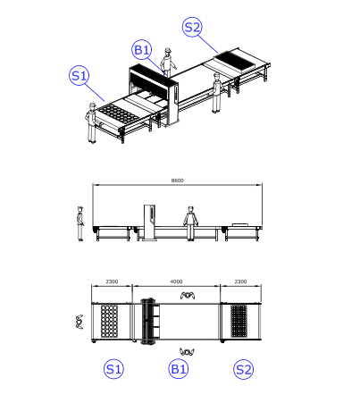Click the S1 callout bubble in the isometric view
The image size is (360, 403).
[79, 76]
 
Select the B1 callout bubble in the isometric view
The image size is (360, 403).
[142, 50]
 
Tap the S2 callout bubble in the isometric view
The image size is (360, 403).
[192, 27]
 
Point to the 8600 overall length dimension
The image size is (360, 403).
[178, 181]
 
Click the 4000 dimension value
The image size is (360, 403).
[176, 281]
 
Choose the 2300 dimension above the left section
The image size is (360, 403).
[112, 281]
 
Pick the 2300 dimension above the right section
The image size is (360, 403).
[240, 281]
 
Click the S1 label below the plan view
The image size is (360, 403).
[113, 369]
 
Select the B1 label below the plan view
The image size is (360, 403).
[179, 369]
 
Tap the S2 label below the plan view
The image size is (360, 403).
[243, 369]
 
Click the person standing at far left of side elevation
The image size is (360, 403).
[80, 223]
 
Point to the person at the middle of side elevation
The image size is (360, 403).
[190, 223]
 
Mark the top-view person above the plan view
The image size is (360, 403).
[188, 295]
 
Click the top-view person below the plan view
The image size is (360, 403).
[187, 352]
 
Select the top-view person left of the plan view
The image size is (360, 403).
[80, 322]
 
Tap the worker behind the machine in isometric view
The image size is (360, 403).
[168, 63]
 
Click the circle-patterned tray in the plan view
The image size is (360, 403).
[109, 321]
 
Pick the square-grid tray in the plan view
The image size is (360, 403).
[239, 321]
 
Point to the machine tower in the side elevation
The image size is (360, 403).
[149, 222]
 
